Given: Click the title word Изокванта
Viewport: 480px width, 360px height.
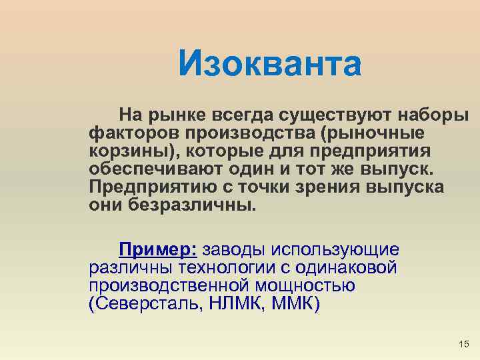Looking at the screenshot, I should tap(270, 65).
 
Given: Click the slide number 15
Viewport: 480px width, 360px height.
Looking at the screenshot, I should tap(464, 344).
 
